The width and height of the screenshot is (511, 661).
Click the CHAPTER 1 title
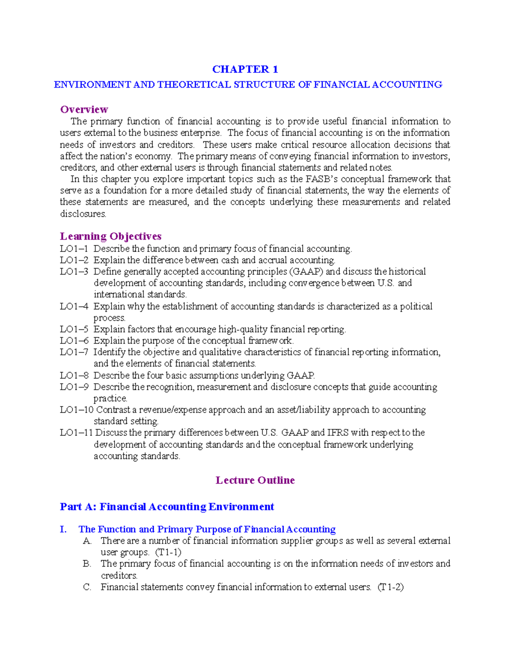(x=245, y=69)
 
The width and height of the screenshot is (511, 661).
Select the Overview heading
(x=84, y=109)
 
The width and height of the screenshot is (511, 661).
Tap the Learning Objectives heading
(x=111, y=236)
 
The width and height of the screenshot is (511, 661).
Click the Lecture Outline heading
(x=255, y=480)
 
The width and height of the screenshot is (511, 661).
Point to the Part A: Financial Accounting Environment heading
(x=167, y=506)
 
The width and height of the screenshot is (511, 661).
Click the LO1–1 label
(x=74, y=249)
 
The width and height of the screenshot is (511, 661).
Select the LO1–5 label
(x=74, y=329)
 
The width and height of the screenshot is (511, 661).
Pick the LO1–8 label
(x=74, y=375)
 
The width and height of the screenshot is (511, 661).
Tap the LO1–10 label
(x=76, y=410)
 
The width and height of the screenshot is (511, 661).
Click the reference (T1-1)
(x=168, y=552)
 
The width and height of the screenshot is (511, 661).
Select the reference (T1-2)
(x=390, y=587)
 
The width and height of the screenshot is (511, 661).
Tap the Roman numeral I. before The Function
(x=63, y=529)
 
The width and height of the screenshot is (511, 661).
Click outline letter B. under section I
(x=87, y=564)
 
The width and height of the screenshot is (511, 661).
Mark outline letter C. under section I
(x=87, y=587)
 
